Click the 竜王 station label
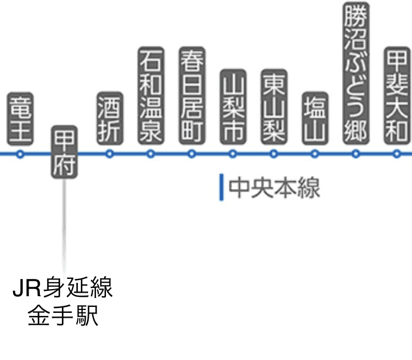point(20,117)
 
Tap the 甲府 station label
point(64,152)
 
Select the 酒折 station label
point(109,117)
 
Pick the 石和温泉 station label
point(150,95)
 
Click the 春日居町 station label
point(192,95)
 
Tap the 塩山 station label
point(315,117)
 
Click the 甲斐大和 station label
point(397,95)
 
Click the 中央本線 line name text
point(274,188)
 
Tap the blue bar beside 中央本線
point(221,188)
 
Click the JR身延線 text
point(63,290)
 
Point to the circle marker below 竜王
point(20,154)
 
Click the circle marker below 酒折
point(109,154)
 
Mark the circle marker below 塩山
point(315,154)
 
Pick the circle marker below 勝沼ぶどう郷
point(356,154)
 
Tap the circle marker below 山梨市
point(233,154)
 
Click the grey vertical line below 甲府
point(64,226)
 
